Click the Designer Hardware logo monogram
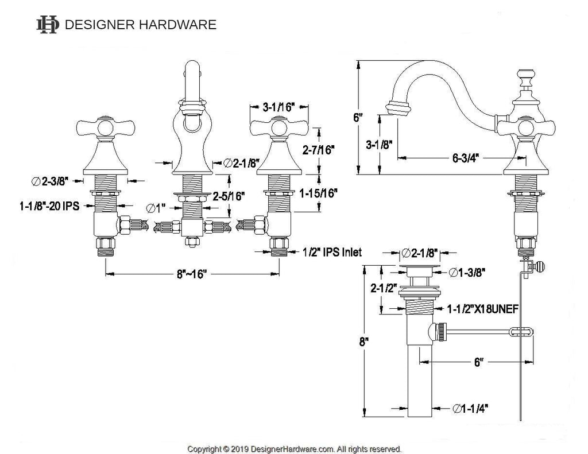[48, 24]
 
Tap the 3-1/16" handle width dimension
[278, 107]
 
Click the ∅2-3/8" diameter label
[51, 181]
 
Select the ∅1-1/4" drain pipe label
[471, 408]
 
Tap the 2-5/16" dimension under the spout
[229, 195]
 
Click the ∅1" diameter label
[154, 207]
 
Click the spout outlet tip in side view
[396, 107]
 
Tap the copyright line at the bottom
[295, 449]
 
